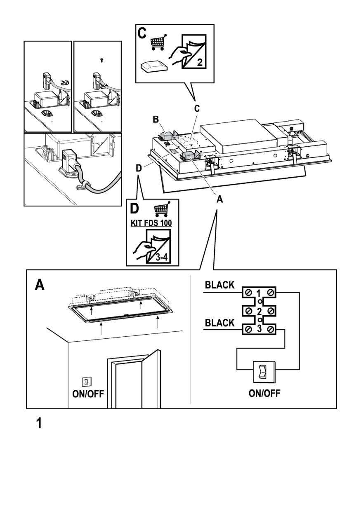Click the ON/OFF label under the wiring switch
click(x=265, y=393)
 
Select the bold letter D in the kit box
click(x=135, y=209)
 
